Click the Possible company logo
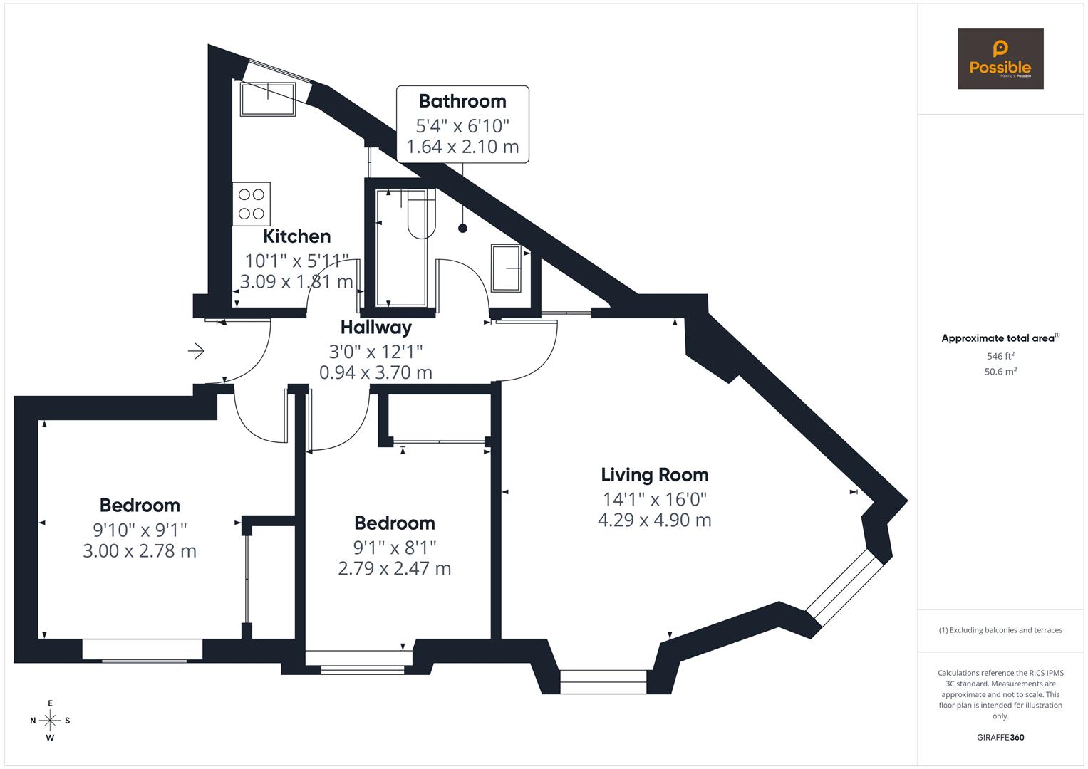tap(1000, 59)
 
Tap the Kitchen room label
tap(296, 236)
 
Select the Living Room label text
tap(654, 475)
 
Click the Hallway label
tap(375, 328)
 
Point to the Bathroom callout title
tap(462, 101)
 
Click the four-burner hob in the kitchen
tap(252, 204)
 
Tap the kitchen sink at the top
tap(268, 99)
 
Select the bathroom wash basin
tap(507, 268)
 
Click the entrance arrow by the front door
tap(196, 351)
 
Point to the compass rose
tap(50, 721)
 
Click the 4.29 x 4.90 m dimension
tap(654, 520)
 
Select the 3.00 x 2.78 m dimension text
tap(140, 551)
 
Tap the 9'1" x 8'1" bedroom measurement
tap(394, 547)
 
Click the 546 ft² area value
tap(1000, 356)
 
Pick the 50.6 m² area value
tap(1000, 372)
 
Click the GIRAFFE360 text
tap(1000, 738)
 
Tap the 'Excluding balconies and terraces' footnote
tap(1000, 630)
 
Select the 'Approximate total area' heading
tap(1000, 338)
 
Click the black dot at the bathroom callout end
tap(462, 229)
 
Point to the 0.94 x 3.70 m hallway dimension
tap(375, 372)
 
